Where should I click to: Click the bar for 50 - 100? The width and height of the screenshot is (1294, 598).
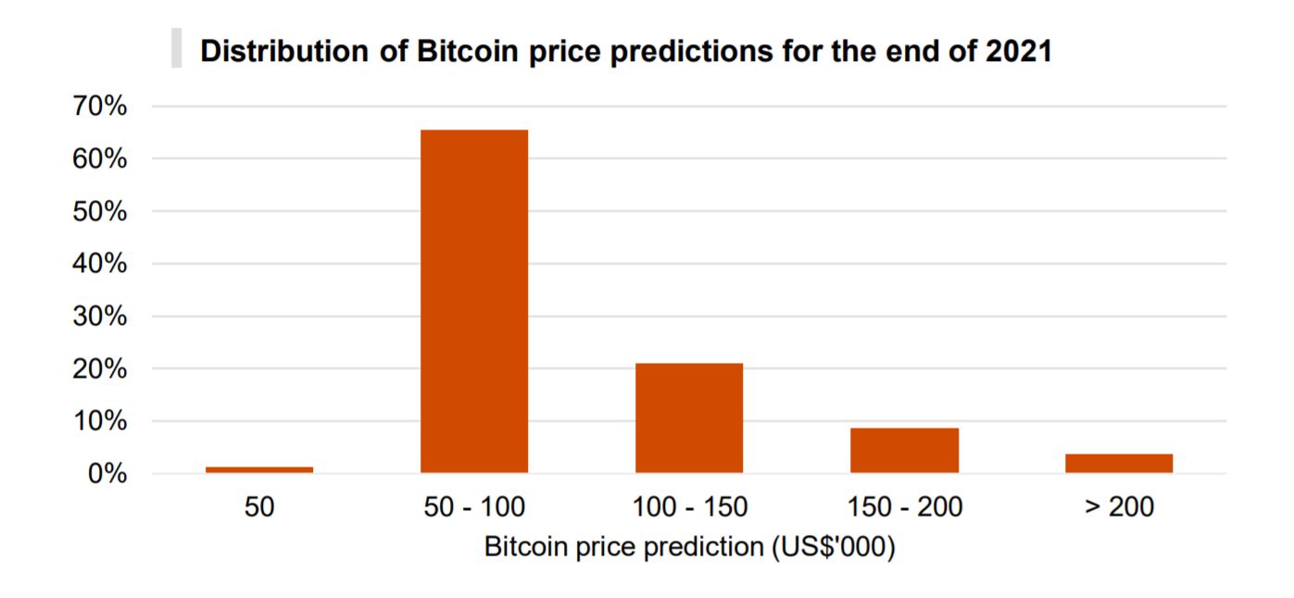coord(474,302)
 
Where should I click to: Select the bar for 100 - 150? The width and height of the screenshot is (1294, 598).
coord(689,418)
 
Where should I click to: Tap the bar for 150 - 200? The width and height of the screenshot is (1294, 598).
coord(904,451)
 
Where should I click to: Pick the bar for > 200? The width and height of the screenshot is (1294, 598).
coord(1119,464)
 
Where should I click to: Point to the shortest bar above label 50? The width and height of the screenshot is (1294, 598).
coord(259,469)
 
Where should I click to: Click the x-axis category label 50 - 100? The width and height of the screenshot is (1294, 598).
coord(474,507)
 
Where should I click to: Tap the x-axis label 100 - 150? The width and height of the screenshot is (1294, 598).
coord(689,507)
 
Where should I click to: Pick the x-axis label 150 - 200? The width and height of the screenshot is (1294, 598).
coord(904,507)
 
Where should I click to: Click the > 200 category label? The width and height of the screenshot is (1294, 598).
coord(1119,507)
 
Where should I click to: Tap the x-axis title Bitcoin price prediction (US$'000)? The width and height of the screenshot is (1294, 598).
coord(689,547)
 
